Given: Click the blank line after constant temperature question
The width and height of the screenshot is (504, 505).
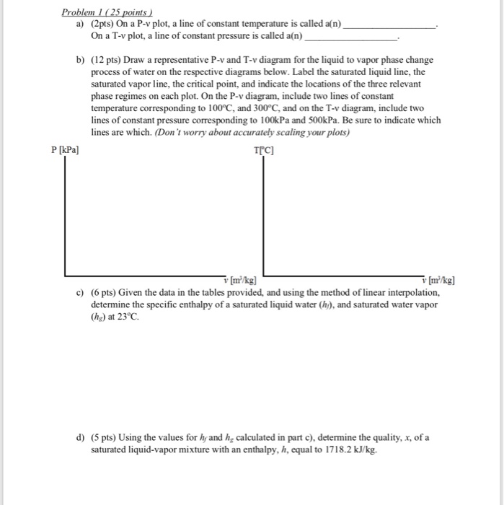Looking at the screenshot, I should [390, 25].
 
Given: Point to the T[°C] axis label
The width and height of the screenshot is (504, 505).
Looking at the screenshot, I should [265, 149].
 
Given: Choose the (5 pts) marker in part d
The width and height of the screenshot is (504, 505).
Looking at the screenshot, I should [106, 438].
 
